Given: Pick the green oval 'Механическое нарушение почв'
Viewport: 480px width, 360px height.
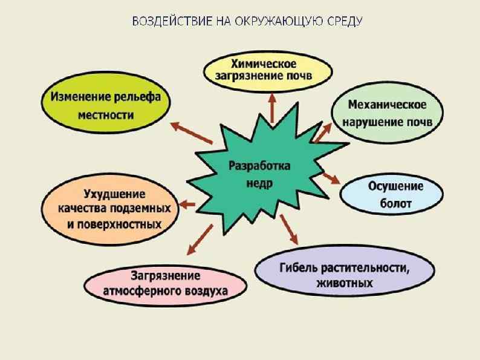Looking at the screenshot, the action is (x=388, y=113).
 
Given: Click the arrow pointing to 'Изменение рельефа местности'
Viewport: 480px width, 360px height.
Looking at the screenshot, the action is (x=190, y=133).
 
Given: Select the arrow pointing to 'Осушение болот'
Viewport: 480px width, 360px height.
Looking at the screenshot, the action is (x=331, y=177).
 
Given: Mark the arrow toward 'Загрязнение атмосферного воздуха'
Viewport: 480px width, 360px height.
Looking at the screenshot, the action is (x=199, y=239).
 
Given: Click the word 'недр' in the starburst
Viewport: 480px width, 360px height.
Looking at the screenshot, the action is (x=260, y=181).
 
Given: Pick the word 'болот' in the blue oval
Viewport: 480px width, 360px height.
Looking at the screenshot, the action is (x=396, y=203).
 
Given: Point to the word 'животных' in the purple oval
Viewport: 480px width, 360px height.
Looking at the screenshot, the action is (x=344, y=283).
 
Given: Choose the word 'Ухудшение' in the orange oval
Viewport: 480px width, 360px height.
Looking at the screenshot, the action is (x=114, y=195).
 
